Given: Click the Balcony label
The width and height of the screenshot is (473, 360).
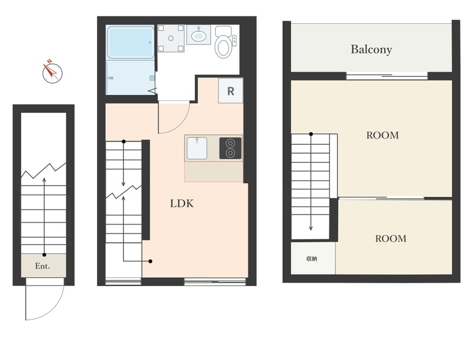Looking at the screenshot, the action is (371, 50).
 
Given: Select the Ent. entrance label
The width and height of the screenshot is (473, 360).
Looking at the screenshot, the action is (43, 266).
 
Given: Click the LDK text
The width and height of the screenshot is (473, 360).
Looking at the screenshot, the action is (182, 203).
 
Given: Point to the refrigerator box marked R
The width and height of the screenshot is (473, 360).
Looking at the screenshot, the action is (231, 91).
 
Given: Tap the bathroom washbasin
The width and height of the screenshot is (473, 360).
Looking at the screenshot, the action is (198, 35).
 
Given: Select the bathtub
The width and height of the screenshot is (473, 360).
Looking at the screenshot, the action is (130, 43).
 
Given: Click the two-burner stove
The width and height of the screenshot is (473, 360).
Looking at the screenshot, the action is (230, 148).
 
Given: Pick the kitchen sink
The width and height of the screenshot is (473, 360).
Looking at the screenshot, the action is (197, 148).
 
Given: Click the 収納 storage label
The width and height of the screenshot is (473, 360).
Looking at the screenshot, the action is (312, 259).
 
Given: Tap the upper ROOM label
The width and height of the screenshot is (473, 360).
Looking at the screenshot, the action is (383, 135).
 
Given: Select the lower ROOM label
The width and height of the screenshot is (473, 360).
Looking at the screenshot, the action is (391, 238).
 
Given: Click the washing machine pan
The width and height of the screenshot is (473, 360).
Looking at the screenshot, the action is (171, 38).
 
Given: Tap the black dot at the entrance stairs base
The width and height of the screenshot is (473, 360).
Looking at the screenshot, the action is (44, 255).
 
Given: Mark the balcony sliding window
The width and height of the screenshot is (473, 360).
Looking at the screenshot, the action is (387, 76).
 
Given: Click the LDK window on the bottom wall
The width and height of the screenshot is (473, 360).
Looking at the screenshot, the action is (215, 282).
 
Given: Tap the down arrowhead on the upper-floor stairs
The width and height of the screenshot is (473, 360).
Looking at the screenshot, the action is (311, 228).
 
